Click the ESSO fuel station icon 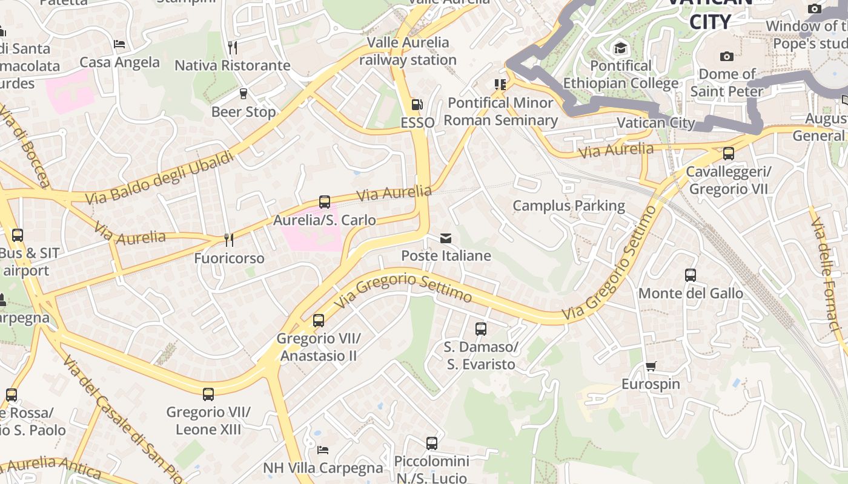pyautogui.click(x=417, y=105)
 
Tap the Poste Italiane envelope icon pyautogui.click(x=446, y=238)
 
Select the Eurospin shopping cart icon pyautogui.click(x=651, y=366)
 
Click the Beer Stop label pyautogui.click(x=243, y=112)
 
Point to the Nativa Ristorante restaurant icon pyautogui.click(x=233, y=47)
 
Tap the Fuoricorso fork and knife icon pyautogui.click(x=229, y=240)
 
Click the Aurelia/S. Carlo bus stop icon pyautogui.click(x=325, y=202)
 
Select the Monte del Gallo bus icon pyautogui.click(x=690, y=275)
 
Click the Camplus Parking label pyautogui.click(x=569, y=206)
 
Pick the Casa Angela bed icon pyautogui.click(x=119, y=44)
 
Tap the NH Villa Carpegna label pyautogui.click(x=323, y=468)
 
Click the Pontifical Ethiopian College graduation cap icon pyautogui.click(x=620, y=48)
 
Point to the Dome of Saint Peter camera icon pyautogui.click(x=726, y=56)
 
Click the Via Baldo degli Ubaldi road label pyautogui.click(x=159, y=178)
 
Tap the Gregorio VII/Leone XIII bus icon pyautogui.click(x=208, y=394)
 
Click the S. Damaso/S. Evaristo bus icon pyautogui.click(x=481, y=329)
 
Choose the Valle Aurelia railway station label pyautogui.click(x=408, y=51)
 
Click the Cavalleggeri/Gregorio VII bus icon pyautogui.click(x=728, y=154)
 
